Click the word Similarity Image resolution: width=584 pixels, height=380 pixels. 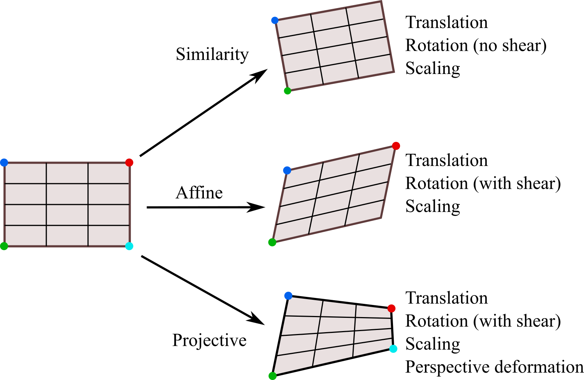click(x=212, y=54)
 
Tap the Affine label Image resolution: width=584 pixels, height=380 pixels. click(x=199, y=193)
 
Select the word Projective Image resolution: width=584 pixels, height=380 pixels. click(x=209, y=340)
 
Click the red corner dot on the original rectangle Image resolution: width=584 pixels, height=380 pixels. click(x=129, y=163)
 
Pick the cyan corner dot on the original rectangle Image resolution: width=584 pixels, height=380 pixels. click(x=129, y=246)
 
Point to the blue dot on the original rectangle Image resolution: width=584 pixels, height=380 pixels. click(x=4, y=163)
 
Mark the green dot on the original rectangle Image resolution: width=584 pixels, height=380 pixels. click(x=4, y=246)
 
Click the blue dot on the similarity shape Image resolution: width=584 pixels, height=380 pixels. click(x=275, y=20)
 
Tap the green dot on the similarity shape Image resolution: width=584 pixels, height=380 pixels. click(x=288, y=91)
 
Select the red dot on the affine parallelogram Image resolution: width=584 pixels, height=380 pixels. click(x=396, y=146)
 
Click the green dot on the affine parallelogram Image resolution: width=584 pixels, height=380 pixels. click(x=272, y=242)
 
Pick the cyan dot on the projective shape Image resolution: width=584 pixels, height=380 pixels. click(x=393, y=349)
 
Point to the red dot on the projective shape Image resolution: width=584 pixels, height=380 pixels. click(x=392, y=308)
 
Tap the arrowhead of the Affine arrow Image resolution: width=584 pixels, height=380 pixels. click(x=257, y=207)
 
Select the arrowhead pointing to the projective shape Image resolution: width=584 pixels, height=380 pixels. click(x=257, y=320)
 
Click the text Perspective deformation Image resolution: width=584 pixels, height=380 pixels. click(x=494, y=367)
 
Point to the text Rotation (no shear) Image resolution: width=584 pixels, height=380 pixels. click(x=476, y=46)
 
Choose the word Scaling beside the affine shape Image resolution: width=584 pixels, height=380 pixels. click(x=433, y=206)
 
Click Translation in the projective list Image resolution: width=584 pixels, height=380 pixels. click(x=446, y=298)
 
